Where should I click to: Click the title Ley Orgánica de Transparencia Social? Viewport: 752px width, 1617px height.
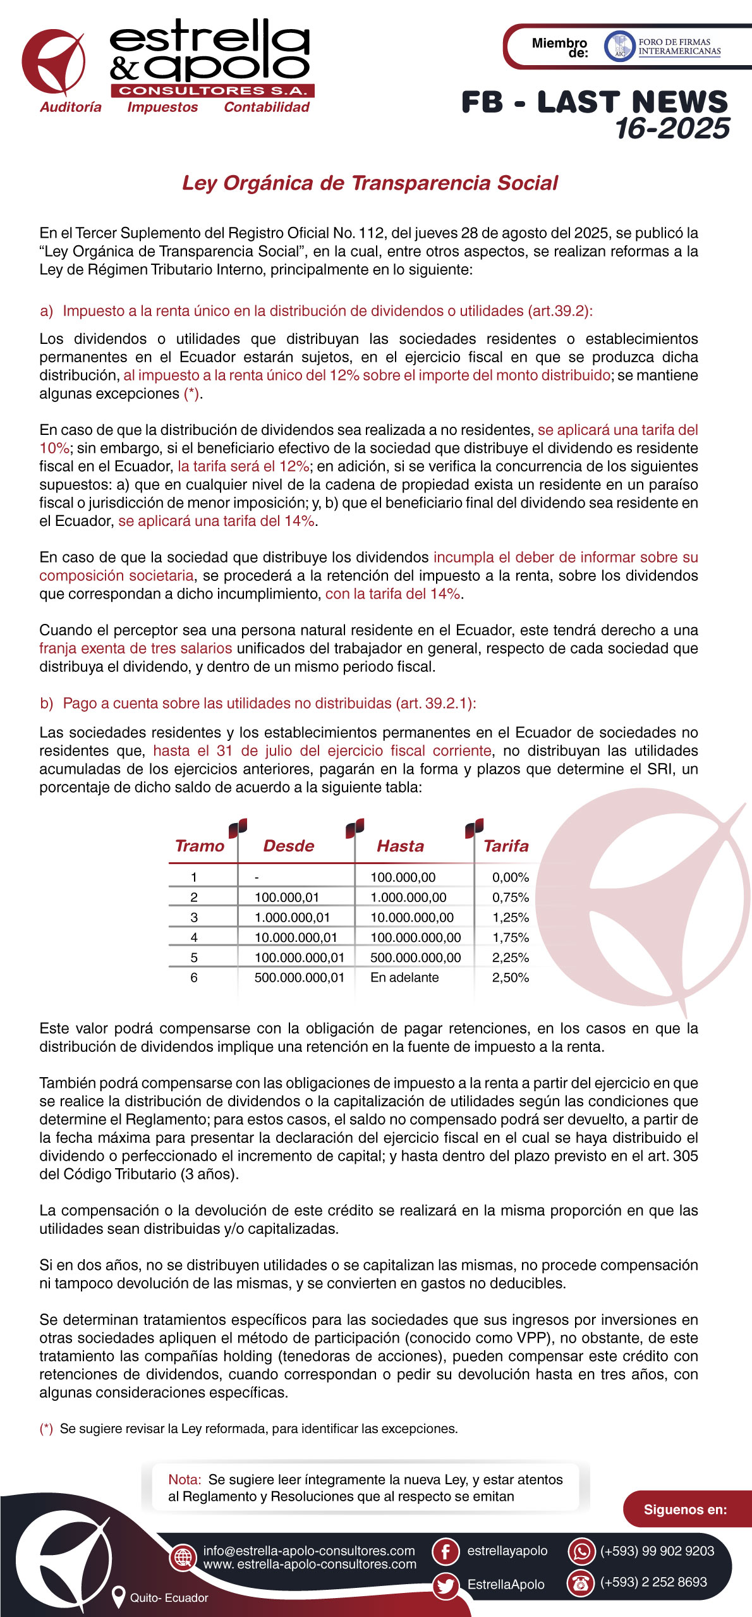[370, 183]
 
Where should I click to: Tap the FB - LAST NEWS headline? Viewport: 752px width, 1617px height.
[594, 102]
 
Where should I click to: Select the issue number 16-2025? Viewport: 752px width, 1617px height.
[672, 129]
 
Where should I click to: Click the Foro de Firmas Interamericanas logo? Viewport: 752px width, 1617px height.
[663, 47]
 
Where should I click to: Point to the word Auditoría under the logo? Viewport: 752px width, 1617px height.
[71, 107]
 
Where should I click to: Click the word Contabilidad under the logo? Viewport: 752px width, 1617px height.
[267, 107]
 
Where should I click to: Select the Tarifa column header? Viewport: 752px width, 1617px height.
[506, 846]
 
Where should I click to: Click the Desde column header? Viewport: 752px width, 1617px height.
[288, 846]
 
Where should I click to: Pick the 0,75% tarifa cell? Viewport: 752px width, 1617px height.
[510, 897]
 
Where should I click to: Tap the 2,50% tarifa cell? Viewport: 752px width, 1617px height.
[510, 977]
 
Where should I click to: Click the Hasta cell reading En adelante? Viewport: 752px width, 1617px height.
[404, 977]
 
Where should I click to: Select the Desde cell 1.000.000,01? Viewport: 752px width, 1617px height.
[292, 917]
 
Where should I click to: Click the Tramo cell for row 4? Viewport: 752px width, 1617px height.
[194, 937]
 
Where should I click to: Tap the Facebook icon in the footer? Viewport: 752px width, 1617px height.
[446, 1551]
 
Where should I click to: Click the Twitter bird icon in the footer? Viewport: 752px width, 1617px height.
[446, 1585]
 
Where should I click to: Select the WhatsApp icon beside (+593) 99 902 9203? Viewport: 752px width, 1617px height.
[581, 1551]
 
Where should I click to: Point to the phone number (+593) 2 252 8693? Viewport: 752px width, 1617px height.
[653, 1582]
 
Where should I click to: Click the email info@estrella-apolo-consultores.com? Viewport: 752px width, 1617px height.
[309, 1551]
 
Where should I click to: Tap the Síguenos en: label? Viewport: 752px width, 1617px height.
[685, 1510]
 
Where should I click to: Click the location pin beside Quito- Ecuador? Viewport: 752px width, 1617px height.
[118, 1597]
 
